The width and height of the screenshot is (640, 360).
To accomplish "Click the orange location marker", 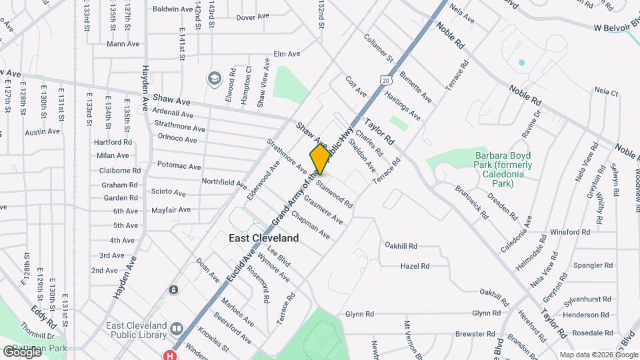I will [x=320, y=159].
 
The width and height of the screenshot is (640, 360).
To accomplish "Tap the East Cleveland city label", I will [x=263, y=237].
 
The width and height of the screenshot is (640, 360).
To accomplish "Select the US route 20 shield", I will [x=387, y=80].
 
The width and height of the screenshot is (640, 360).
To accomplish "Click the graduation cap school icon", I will [x=214, y=79].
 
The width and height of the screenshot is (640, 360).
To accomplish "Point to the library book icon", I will [x=177, y=329].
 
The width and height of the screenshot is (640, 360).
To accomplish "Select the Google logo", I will [x=22, y=351].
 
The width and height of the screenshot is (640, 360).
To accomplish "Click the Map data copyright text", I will [x=598, y=355].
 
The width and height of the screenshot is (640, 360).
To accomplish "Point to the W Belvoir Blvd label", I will [x=615, y=28].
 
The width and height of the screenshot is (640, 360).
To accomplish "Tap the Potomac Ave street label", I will [x=179, y=166].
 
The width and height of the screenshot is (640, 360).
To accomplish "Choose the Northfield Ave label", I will [x=224, y=181].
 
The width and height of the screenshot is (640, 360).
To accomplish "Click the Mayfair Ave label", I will [x=171, y=210].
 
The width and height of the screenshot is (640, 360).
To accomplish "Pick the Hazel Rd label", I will [x=415, y=266].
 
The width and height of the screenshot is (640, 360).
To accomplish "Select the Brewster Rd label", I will [x=475, y=333].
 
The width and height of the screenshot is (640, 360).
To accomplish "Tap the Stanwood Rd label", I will [x=335, y=190].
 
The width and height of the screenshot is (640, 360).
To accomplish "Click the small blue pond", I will [x=521, y=63].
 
